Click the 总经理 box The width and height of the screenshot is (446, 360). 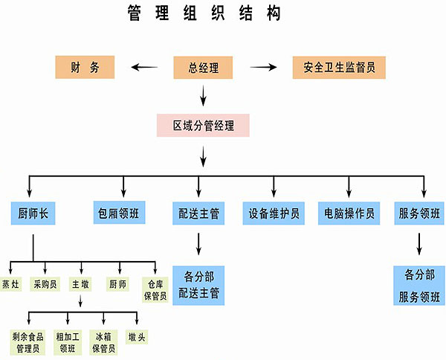point(202,68)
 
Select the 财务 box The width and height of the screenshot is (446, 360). point(85,68)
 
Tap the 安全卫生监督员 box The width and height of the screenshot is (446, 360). point(339,68)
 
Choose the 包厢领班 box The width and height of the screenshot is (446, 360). point(119,213)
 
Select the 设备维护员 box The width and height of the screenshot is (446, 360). point(273,213)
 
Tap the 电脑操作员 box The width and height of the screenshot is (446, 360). point(348,213)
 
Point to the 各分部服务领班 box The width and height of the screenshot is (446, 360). point(419,286)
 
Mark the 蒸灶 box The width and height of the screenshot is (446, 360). point(10,284)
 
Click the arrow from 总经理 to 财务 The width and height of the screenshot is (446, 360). point(145,68)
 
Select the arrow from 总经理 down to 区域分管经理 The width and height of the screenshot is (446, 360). point(202,94)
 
